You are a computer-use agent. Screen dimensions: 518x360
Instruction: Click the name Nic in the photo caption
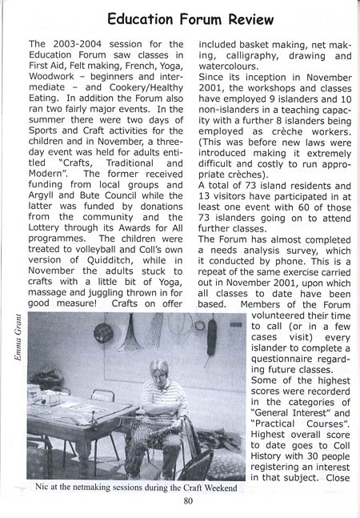(x=43, y=486)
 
